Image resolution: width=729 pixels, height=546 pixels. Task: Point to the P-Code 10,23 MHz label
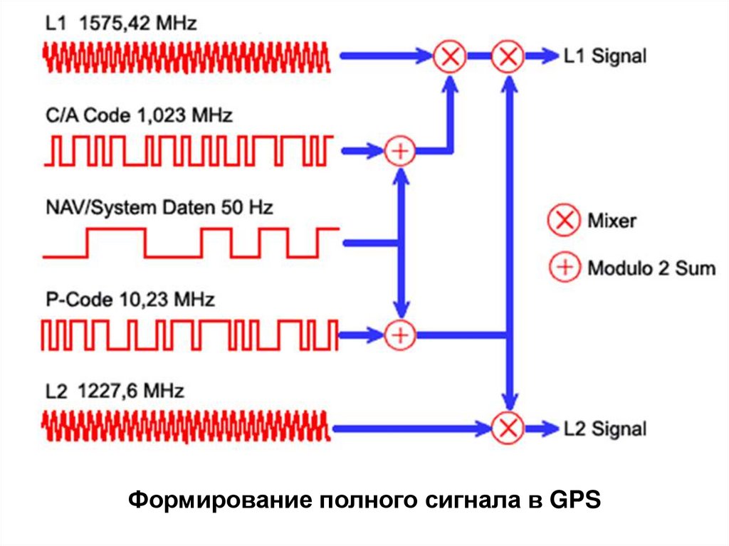pyautogui.click(x=130, y=300)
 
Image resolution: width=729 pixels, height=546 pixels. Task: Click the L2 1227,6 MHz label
pyautogui.click(x=114, y=391)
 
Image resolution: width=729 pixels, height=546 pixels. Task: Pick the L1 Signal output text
pyautogui.click(x=604, y=56)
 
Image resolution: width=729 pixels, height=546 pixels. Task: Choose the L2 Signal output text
pyautogui.click(x=604, y=429)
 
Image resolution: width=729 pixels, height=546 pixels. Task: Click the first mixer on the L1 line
pyautogui.click(x=449, y=56)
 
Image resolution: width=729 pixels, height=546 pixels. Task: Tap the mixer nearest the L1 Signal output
pyautogui.click(x=508, y=56)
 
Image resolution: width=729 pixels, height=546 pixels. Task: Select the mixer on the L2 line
pyautogui.click(x=508, y=428)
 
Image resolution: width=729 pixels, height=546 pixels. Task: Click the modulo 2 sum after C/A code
pyautogui.click(x=399, y=150)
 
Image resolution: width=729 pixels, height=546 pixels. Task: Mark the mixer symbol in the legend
pyautogui.click(x=564, y=221)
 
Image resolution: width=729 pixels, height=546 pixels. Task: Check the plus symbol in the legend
pyautogui.click(x=564, y=268)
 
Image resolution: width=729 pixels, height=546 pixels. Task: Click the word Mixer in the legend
pyautogui.click(x=612, y=221)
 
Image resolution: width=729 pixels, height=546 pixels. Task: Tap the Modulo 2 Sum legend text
pyautogui.click(x=651, y=268)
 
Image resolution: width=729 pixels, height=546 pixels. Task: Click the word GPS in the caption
pyautogui.click(x=576, y=499)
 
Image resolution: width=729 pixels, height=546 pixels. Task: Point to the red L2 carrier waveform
pyautogui.click(x=187, y=428)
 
